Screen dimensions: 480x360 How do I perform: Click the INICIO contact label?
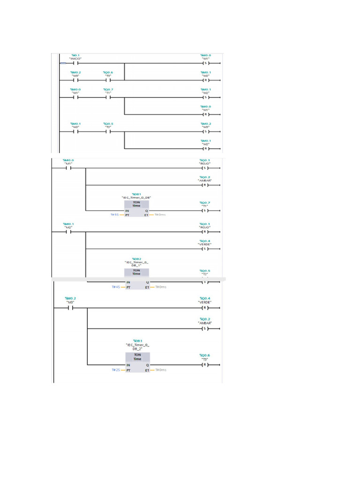(75, 59)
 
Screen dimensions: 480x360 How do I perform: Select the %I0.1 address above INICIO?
(75, 55)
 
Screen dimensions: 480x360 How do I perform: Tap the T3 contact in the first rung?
(108, 80)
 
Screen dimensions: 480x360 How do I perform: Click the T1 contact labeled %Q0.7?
(108, 97)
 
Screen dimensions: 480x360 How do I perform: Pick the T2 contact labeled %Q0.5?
(108, 132)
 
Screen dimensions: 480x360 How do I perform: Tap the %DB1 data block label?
(136, 194)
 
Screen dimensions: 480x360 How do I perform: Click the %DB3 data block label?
(137, 341)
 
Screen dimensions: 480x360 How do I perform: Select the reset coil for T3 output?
(204, 365)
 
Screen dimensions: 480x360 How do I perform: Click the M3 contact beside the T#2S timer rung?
(71, 308)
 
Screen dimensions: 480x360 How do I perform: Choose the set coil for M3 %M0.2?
(204, 132)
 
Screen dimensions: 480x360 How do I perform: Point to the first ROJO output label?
(205, 164)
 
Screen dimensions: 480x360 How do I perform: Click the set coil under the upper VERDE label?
(204, 249)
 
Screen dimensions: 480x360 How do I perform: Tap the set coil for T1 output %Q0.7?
(204, 210)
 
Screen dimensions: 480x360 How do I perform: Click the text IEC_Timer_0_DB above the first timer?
(136, 198)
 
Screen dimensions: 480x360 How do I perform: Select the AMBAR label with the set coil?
(205, 323)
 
